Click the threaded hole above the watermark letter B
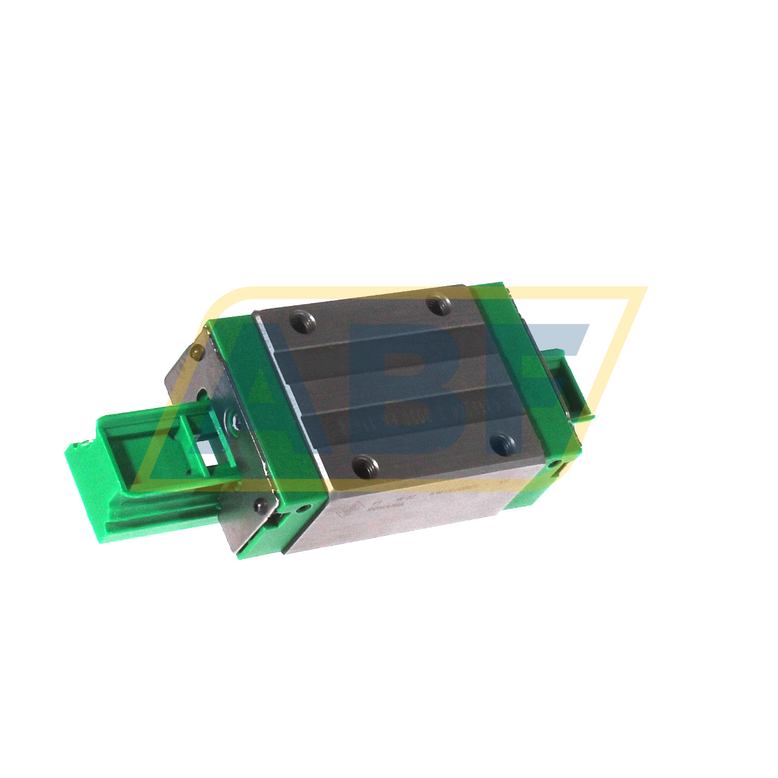pyautogui.click(x=439, y=304)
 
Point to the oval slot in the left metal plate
pyautogui.click(x=202, y=395)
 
